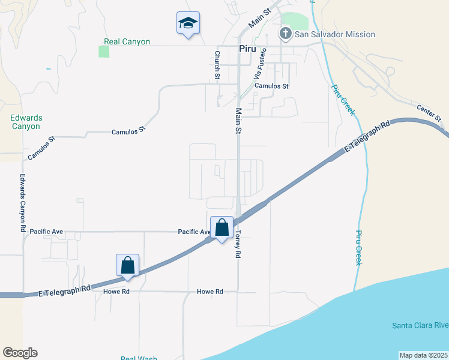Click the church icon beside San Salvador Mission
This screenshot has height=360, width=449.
pos(286,34)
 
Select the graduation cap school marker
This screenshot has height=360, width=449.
pos(188,23)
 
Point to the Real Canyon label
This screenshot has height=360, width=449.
pos(127,42)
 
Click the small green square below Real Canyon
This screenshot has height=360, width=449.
pos(104,52)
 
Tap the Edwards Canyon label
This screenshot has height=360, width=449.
pos(25,122)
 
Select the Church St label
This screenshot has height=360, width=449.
pos(217,64)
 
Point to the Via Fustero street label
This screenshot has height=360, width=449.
pos(259,65)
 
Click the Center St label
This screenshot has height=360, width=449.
pos(429,112)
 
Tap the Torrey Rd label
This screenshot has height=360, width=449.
pos(238,244)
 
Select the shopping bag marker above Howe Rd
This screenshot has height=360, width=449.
pos(127,265)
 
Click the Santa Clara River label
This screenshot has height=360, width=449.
pos(420,326)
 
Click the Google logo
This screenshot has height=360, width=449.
pos(20,353)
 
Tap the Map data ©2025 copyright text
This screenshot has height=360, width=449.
pos(423,355)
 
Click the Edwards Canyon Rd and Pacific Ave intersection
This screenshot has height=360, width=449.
pos(24,232)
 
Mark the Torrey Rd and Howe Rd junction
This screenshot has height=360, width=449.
pos(238,292)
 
